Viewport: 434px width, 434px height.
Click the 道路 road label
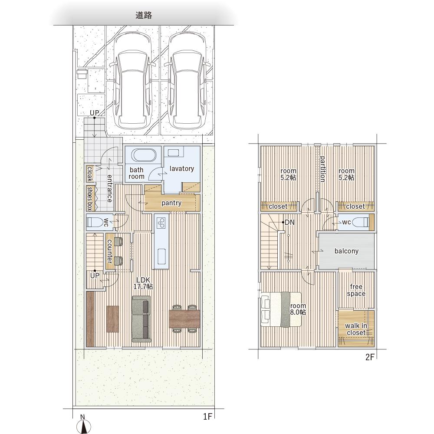click(144, 15)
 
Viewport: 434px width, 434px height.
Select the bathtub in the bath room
click(143, 155)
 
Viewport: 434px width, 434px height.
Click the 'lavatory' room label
click(181, 168)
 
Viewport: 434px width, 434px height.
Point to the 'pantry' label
click(171, 203)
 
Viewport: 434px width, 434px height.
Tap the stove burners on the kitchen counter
click(161, 223)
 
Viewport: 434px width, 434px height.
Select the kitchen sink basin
click(161, 256)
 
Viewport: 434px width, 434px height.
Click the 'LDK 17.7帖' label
click(143, 283)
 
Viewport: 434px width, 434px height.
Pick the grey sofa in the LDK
click(141, 319)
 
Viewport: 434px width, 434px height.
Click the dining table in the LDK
click(184, 319)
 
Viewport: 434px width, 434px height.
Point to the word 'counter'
click(110, 251)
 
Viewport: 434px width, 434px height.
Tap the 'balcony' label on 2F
click(346, 251)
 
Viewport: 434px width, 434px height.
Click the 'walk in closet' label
click(356, 329)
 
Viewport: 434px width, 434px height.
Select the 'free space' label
click(356, 290)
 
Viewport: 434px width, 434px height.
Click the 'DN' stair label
click(289, 222)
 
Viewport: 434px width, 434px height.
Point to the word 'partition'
click(322, 169)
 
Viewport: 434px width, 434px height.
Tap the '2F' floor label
click(370, 357)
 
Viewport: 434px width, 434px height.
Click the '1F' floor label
click(207, 416)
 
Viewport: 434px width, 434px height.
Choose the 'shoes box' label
click(90, 198)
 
